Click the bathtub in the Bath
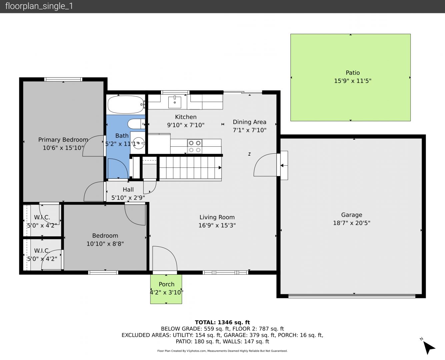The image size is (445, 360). click(126, 104)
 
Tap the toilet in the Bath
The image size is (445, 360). click(136, 124)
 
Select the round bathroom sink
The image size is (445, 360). click(139, 143)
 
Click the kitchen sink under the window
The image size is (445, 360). click(175, 102)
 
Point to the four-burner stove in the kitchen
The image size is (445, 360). click(195, 146)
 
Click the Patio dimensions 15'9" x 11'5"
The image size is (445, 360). click(353, 81)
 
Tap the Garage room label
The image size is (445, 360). click(352, 215)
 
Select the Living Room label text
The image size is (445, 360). click(217, 217)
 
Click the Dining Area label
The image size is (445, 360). click(249, 122)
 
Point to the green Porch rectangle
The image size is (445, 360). click(166, 289)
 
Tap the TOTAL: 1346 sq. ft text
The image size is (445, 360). click(222, 322)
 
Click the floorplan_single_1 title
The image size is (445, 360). click(39, 6)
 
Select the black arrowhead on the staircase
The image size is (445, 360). click(220, 168)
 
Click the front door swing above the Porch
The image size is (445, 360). click(165, 259)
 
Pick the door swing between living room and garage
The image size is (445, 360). click(265, 165)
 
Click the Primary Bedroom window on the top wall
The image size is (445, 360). click(63, 79)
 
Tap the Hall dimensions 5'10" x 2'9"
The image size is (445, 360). click(128, 198)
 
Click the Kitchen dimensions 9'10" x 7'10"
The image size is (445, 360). click(186, 125)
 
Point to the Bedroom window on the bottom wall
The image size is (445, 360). click(103, 272)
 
